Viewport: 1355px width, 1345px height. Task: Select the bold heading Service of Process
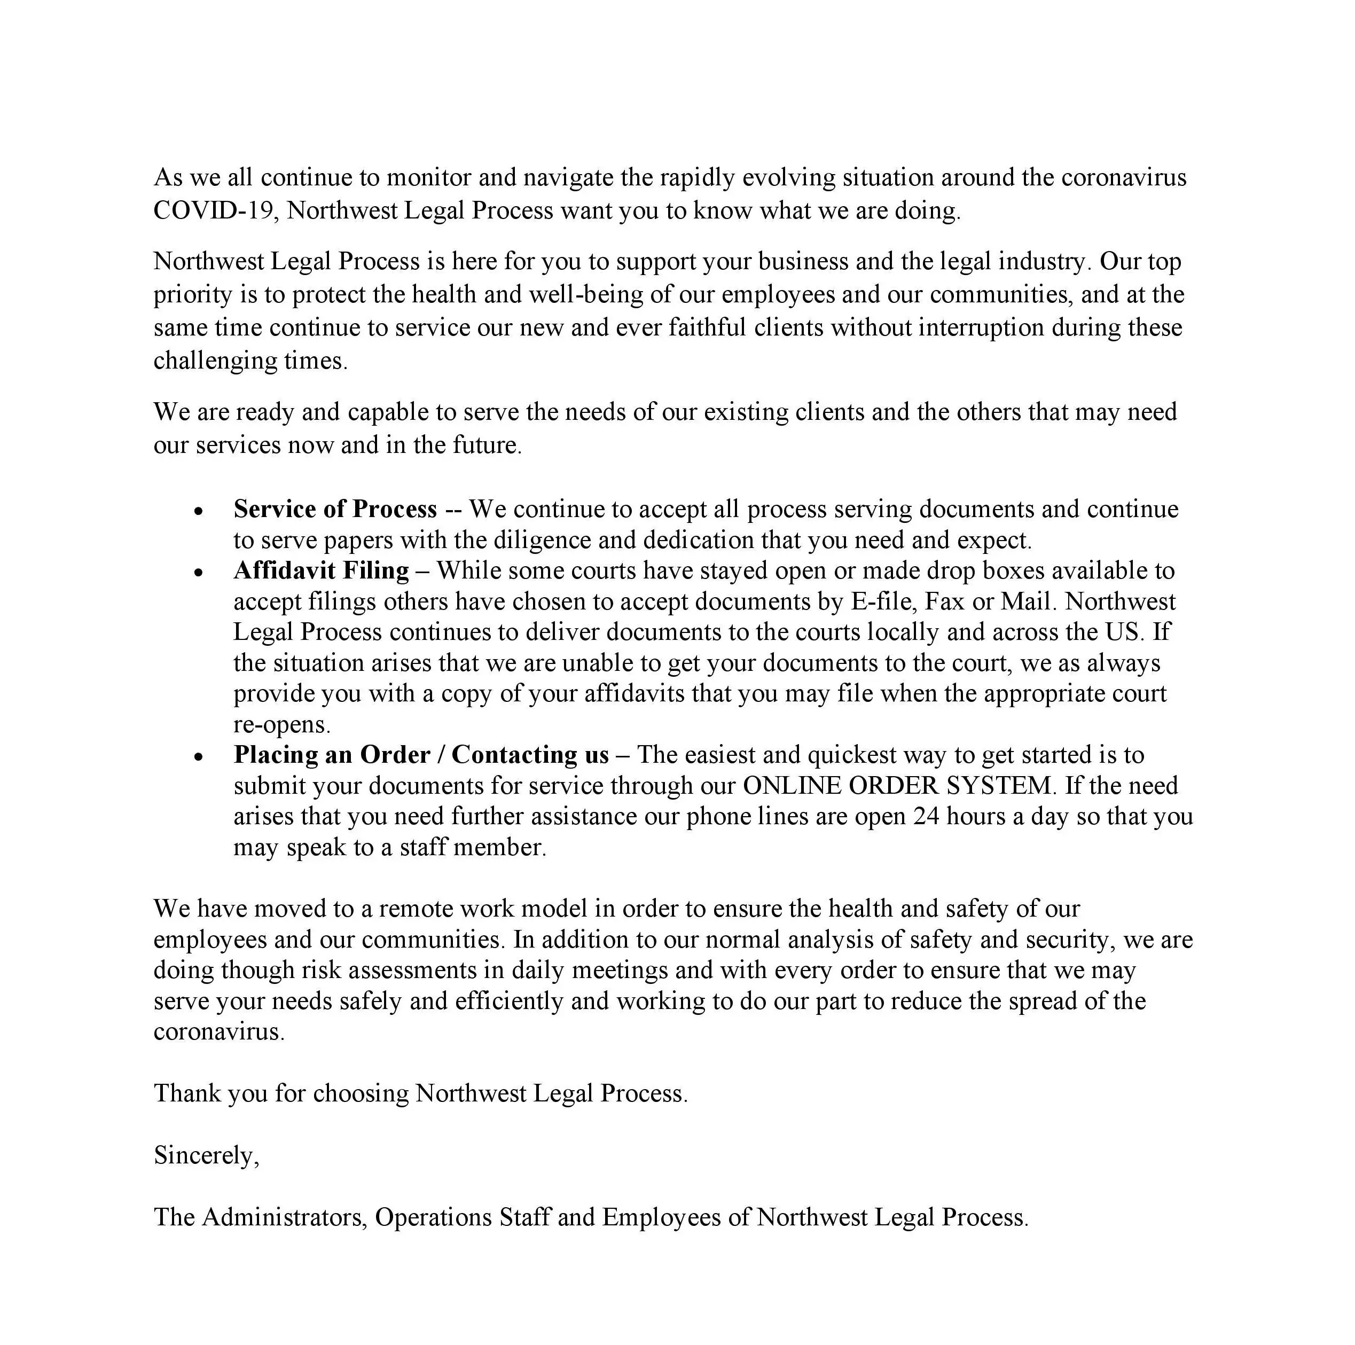click(335, 509)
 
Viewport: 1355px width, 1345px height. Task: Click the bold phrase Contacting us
click(530, 755)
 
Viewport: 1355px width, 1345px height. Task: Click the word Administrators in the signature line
click(284, 1217)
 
